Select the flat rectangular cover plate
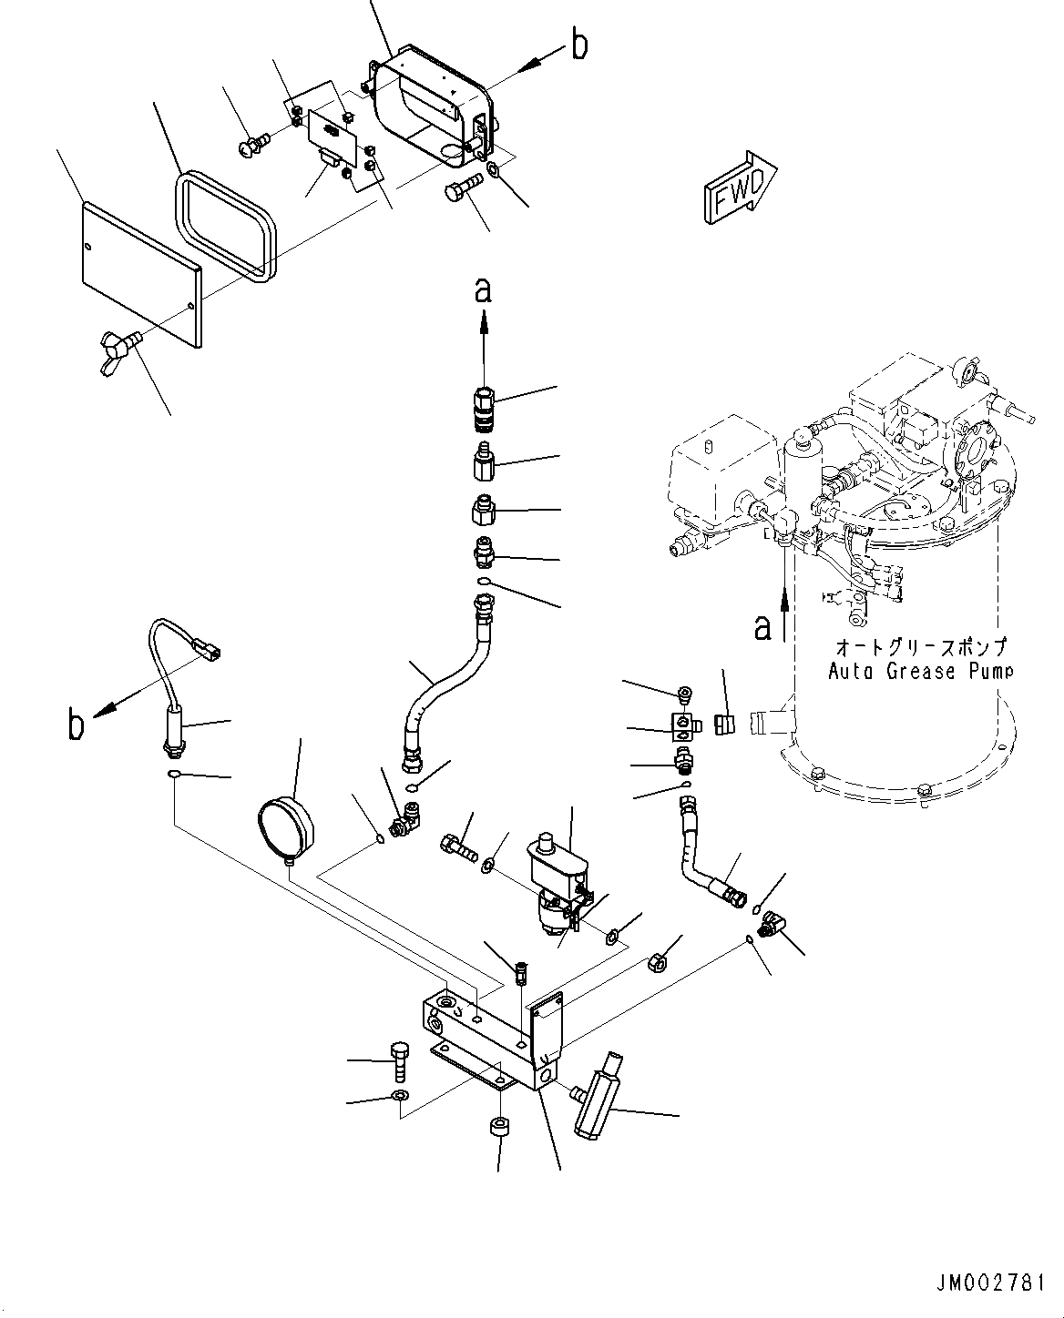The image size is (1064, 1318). tap(141, 274)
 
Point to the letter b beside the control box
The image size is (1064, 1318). tap(579, 46)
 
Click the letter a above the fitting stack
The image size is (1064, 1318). tap(483, 290)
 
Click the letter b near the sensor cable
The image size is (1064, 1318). tap(77, 725)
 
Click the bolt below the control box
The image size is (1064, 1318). tap(460, 194)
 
